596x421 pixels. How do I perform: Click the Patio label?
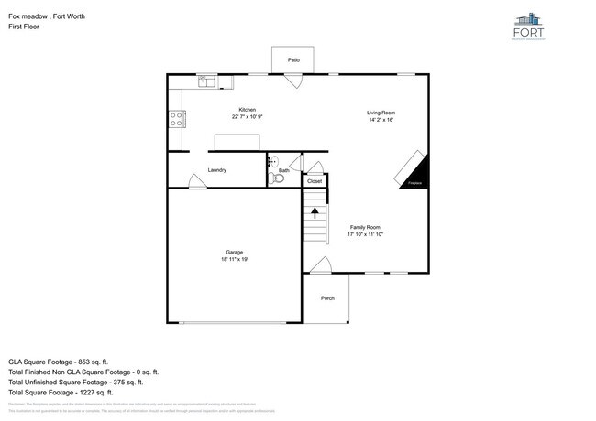coord(293,60)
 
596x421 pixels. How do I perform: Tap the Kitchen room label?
coord(248,110)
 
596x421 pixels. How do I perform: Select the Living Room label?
coord(381,113)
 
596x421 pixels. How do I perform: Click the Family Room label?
coord(364,227)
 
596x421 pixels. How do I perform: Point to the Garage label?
coord(235,252)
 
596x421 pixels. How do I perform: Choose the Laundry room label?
coord(217,170)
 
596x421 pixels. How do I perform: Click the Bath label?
coord(284,170)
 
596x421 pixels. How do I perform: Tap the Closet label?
coord(315,181)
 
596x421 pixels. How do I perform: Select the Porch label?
coord(327,299)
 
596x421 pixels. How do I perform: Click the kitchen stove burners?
coord(176,118)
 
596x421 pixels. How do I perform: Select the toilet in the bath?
coord(278,179)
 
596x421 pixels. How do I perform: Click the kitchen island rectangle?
coord(237,141)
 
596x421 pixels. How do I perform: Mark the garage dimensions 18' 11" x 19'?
coord(235,260)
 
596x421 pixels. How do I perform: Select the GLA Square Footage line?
coord(61,361)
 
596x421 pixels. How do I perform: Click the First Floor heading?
coord(23,27)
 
